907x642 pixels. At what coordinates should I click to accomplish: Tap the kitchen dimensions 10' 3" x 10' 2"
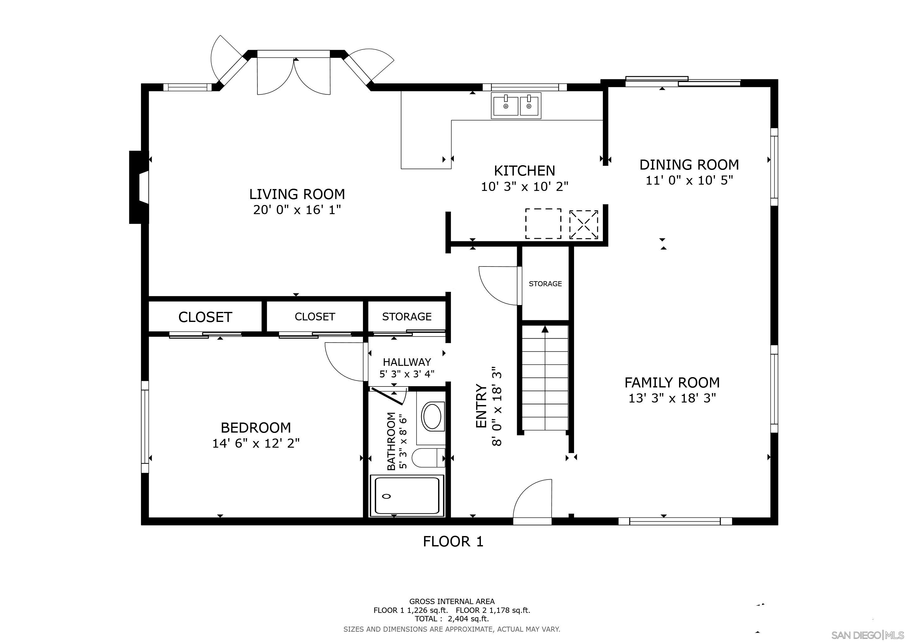(524, 186)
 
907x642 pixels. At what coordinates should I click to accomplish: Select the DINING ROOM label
(689, 165)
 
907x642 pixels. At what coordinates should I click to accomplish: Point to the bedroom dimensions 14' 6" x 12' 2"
(256, 443)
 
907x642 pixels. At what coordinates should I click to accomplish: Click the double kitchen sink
(516, 106)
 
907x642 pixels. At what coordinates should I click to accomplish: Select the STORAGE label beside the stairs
(545, 283)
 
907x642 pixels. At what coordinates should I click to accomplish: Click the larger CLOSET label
(205, 317)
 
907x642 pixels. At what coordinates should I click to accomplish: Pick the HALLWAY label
(407, 362)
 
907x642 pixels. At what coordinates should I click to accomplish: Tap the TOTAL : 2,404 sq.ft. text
(452, 619)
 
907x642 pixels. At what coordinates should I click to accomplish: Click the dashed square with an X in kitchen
(583, 224)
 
